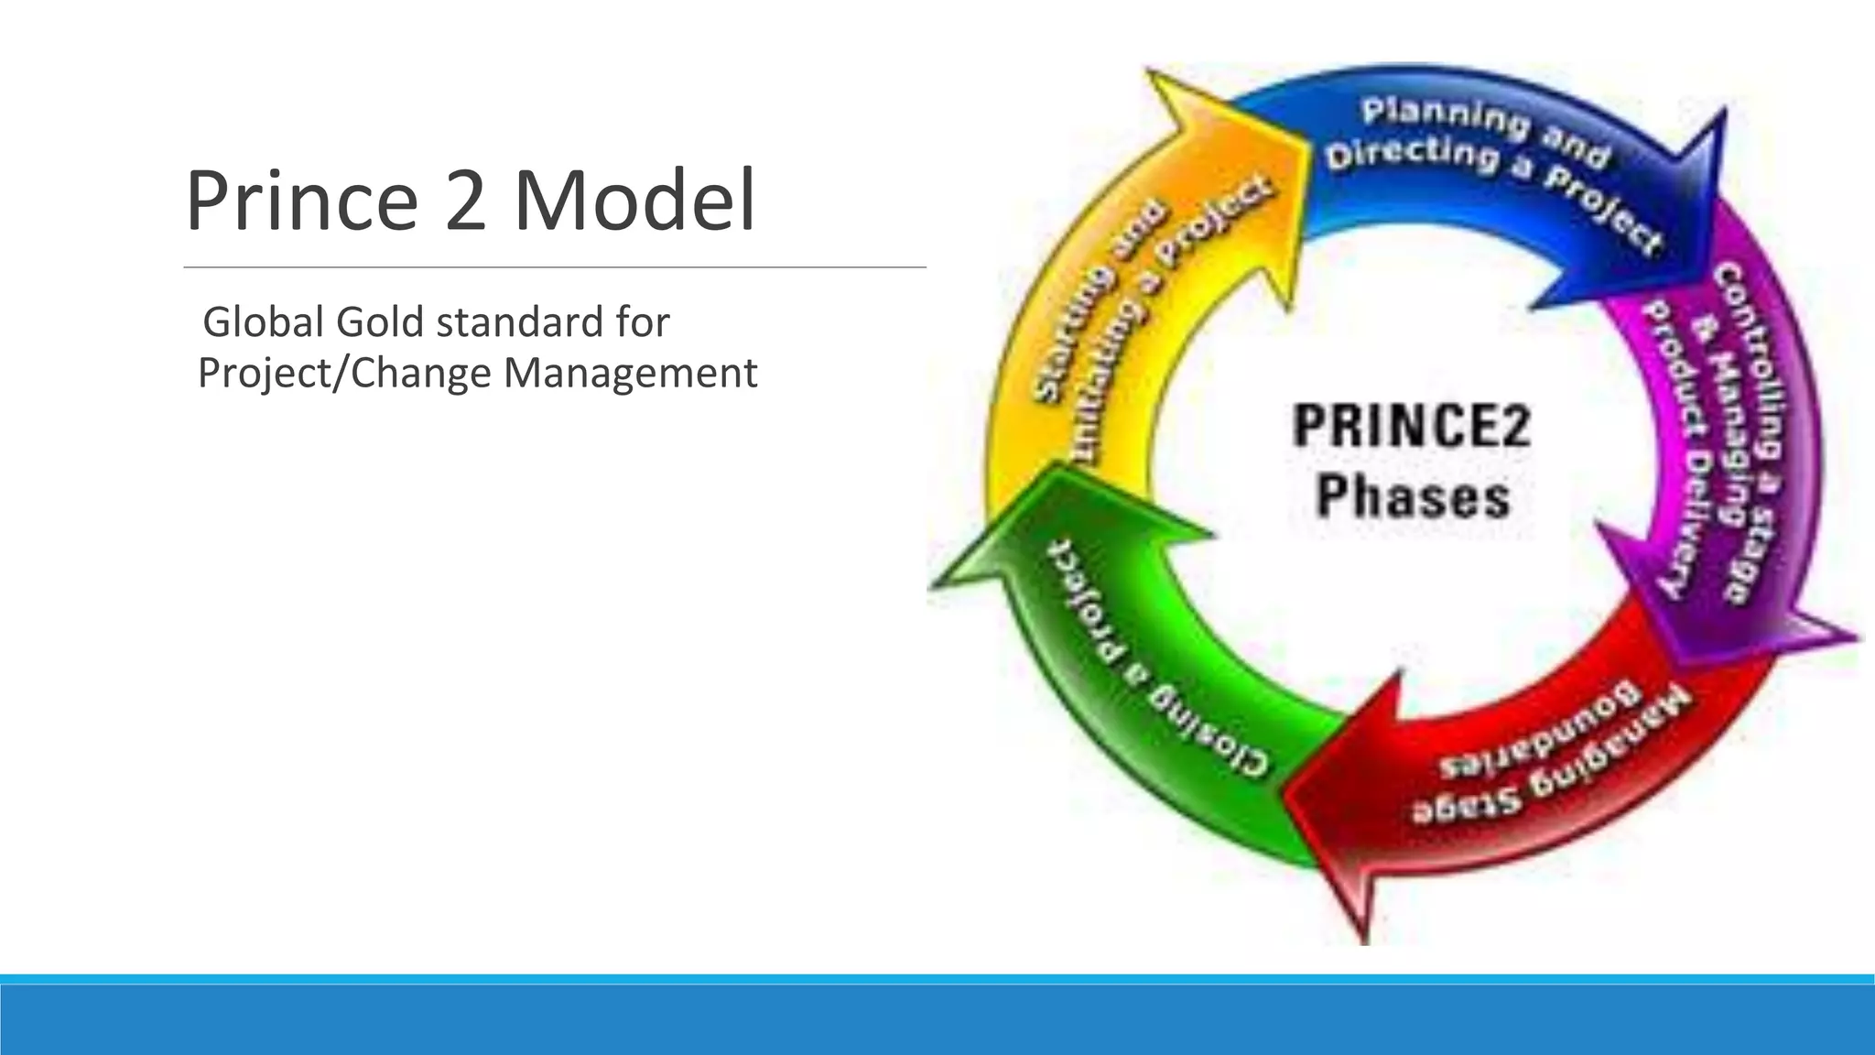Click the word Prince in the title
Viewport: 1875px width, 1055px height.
pos(301,201)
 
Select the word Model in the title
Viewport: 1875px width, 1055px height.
pos(634,201)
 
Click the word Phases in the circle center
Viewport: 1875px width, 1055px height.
pos(1413,497)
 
